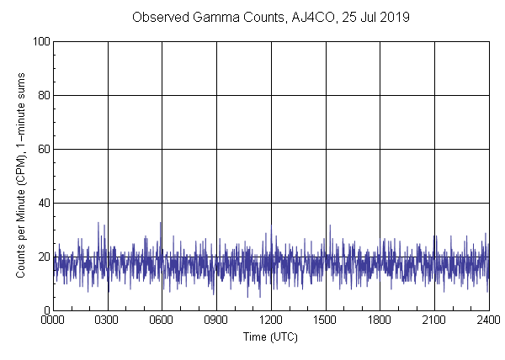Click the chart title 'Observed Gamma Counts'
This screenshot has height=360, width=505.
point(205,18)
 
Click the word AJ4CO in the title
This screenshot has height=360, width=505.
point(306,18)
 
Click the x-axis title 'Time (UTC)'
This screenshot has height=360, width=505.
point(270,336)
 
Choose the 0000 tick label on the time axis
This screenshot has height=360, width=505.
point(53,320)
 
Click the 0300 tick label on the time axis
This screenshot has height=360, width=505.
point(108,320)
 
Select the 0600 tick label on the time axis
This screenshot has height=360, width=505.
point(162,320)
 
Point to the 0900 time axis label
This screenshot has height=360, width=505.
point(216,320)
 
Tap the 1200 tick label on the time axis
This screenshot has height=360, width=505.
point(271,320)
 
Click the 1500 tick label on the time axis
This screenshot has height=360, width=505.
point(326,320)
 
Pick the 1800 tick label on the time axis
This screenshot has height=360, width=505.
point(380,320)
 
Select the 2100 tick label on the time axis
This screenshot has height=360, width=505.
point(434,320)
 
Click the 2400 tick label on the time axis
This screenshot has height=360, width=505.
point(487,320)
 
